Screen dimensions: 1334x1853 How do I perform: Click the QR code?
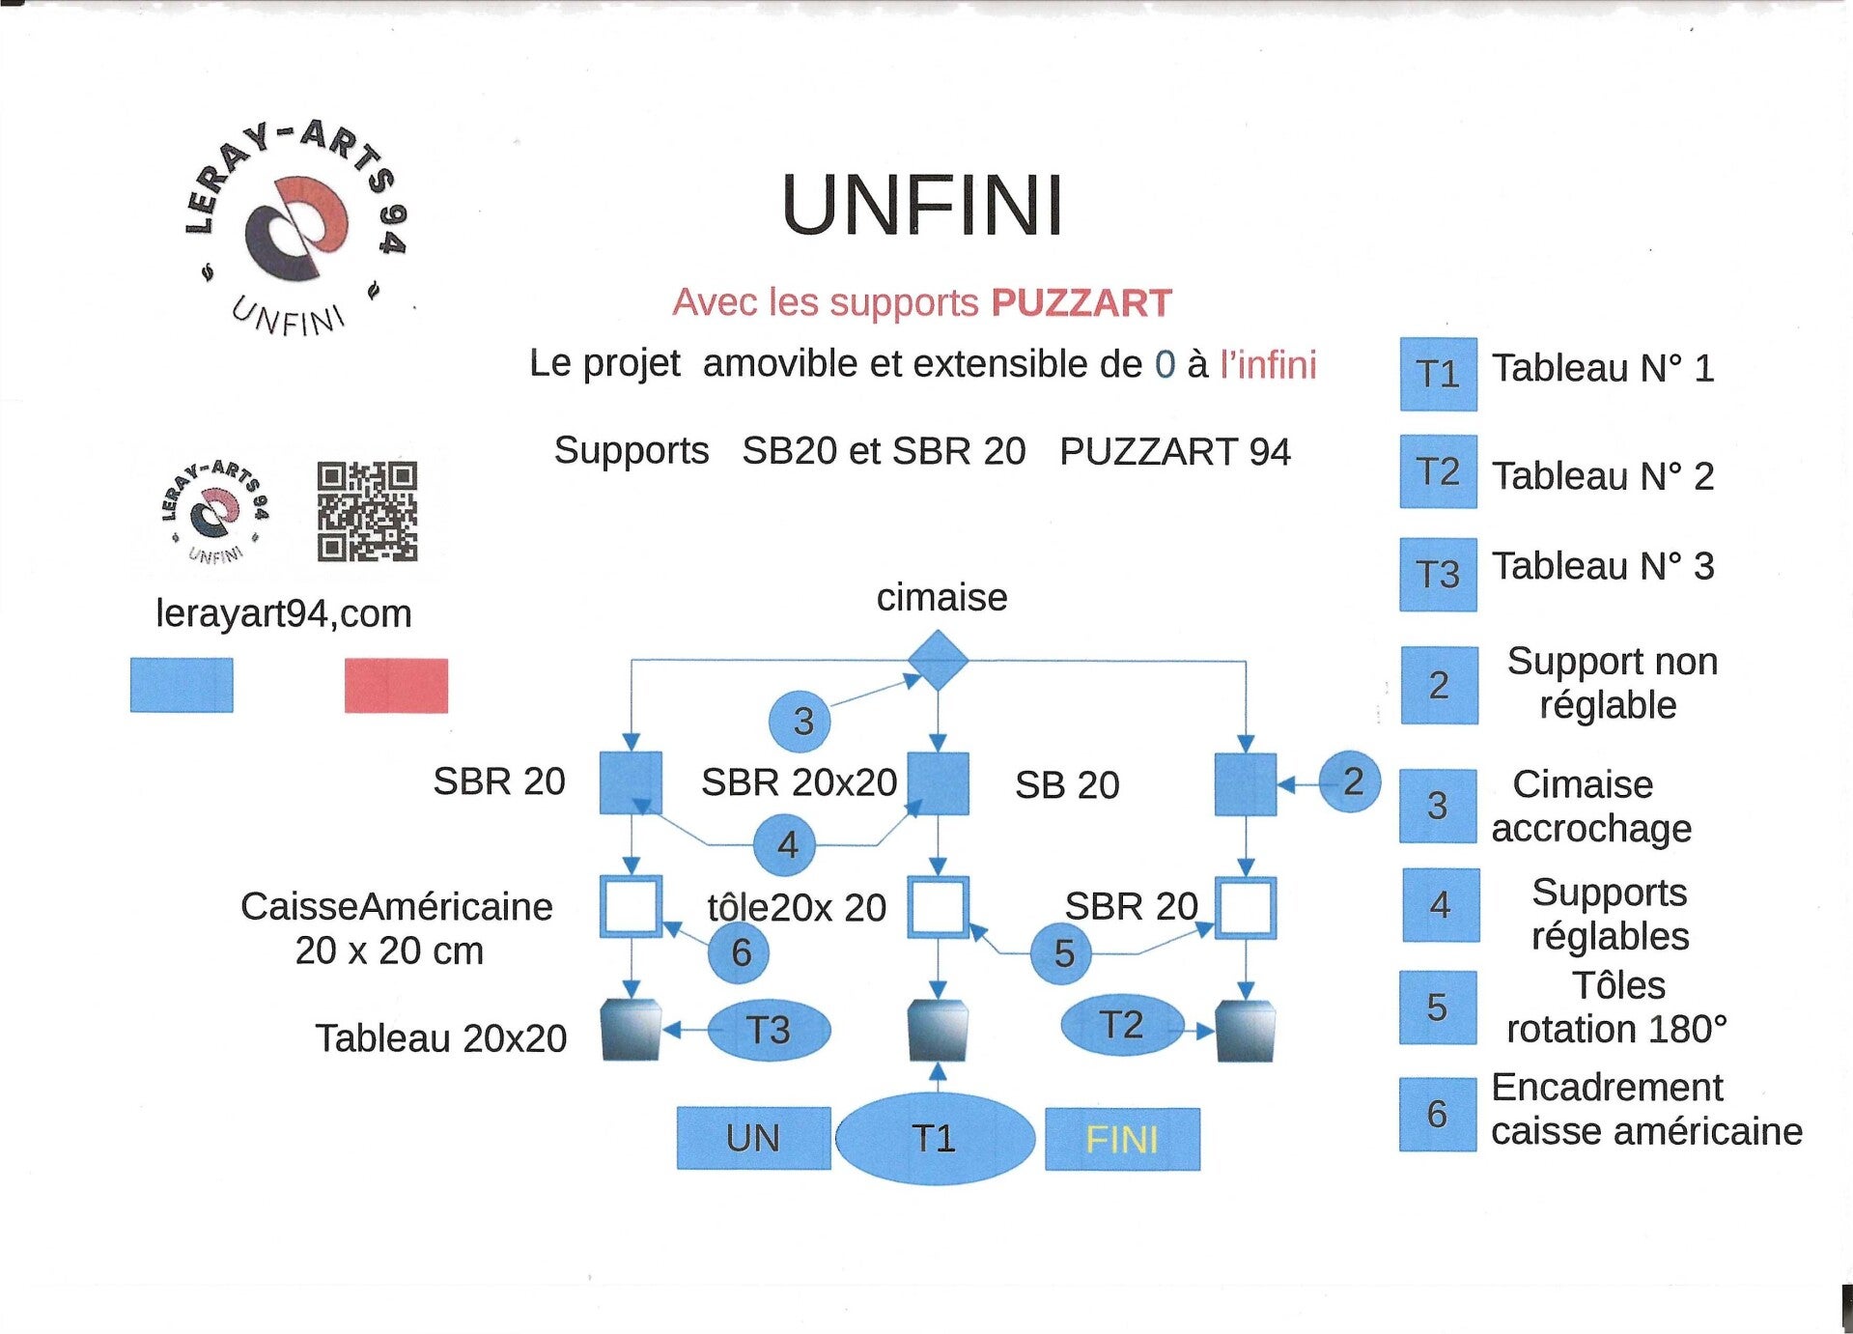pos(367,511)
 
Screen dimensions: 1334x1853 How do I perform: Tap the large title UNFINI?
pos(922,205)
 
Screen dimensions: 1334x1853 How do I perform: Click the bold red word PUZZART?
pos(1081,303)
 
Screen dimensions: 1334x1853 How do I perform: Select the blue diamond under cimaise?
pos(938,661)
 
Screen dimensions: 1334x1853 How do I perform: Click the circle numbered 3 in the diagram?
pos(800,721)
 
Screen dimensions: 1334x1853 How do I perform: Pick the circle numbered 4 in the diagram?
pos(785,844)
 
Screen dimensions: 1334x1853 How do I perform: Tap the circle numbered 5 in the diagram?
pos(1060,953)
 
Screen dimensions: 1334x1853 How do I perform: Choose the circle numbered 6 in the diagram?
pos(739,952)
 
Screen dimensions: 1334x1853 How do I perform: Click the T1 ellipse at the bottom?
pos(934,1138)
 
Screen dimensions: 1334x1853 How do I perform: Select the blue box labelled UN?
pos(753,1138)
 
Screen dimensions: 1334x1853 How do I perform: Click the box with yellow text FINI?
pos(1122,1139)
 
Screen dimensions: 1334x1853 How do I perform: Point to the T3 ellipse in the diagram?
pos(769,1030)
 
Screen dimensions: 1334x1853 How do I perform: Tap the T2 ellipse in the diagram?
pos(1122,1025)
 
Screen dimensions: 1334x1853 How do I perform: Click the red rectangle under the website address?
pos(396,686)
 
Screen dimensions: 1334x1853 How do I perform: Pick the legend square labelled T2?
pos(1438,471)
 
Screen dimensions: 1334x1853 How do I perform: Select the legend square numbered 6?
pos(1438,1115)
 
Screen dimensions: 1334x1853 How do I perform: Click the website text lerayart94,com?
pos(284,613)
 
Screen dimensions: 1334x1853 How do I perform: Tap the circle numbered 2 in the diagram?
pos(1350,781)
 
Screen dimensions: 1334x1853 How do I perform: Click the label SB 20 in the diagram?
pos(1067,785)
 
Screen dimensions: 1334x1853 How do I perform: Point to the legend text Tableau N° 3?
pos(1603,566)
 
